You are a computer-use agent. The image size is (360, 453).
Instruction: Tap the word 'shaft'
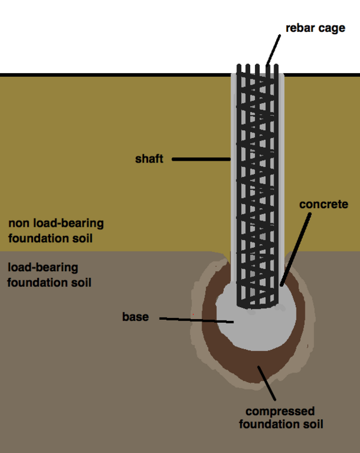pyautogui.click(x=149, y=160)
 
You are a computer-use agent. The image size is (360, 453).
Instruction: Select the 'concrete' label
pyautogui.click(x=324, y=205)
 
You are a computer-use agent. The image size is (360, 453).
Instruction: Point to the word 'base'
pyautogui.click(x=135, y=317)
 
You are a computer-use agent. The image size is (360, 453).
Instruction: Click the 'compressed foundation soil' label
pyautogui.click(x=281, y=418)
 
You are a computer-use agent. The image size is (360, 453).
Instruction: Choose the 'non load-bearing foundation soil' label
pyautogui.click(x=56, y=231)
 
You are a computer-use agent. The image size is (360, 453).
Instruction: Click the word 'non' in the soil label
pyautogui.click(x=19, y=224)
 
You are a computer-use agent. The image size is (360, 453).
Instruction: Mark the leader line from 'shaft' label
pyautogui.click(x=201, y=160)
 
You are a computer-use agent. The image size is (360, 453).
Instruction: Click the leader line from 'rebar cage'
pyautogui.click(x=274, y=49)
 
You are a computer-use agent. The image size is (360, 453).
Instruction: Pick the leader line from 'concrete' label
pyautogui.click(x=296, y=246)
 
